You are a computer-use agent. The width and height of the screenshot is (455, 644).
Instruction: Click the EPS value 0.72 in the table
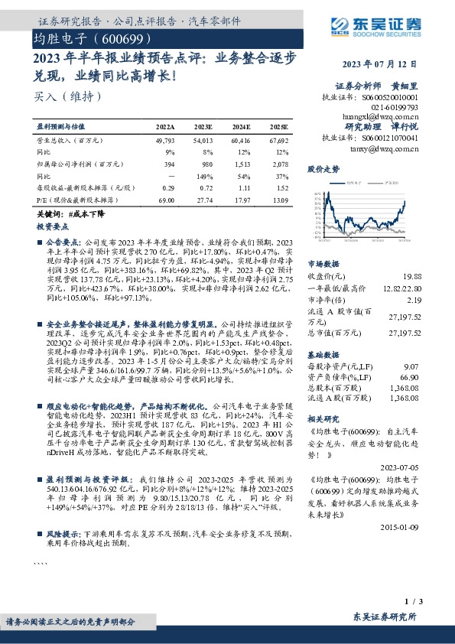204,187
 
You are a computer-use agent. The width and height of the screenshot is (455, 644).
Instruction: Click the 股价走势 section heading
323,168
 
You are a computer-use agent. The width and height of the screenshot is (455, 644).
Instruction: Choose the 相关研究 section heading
323,418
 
